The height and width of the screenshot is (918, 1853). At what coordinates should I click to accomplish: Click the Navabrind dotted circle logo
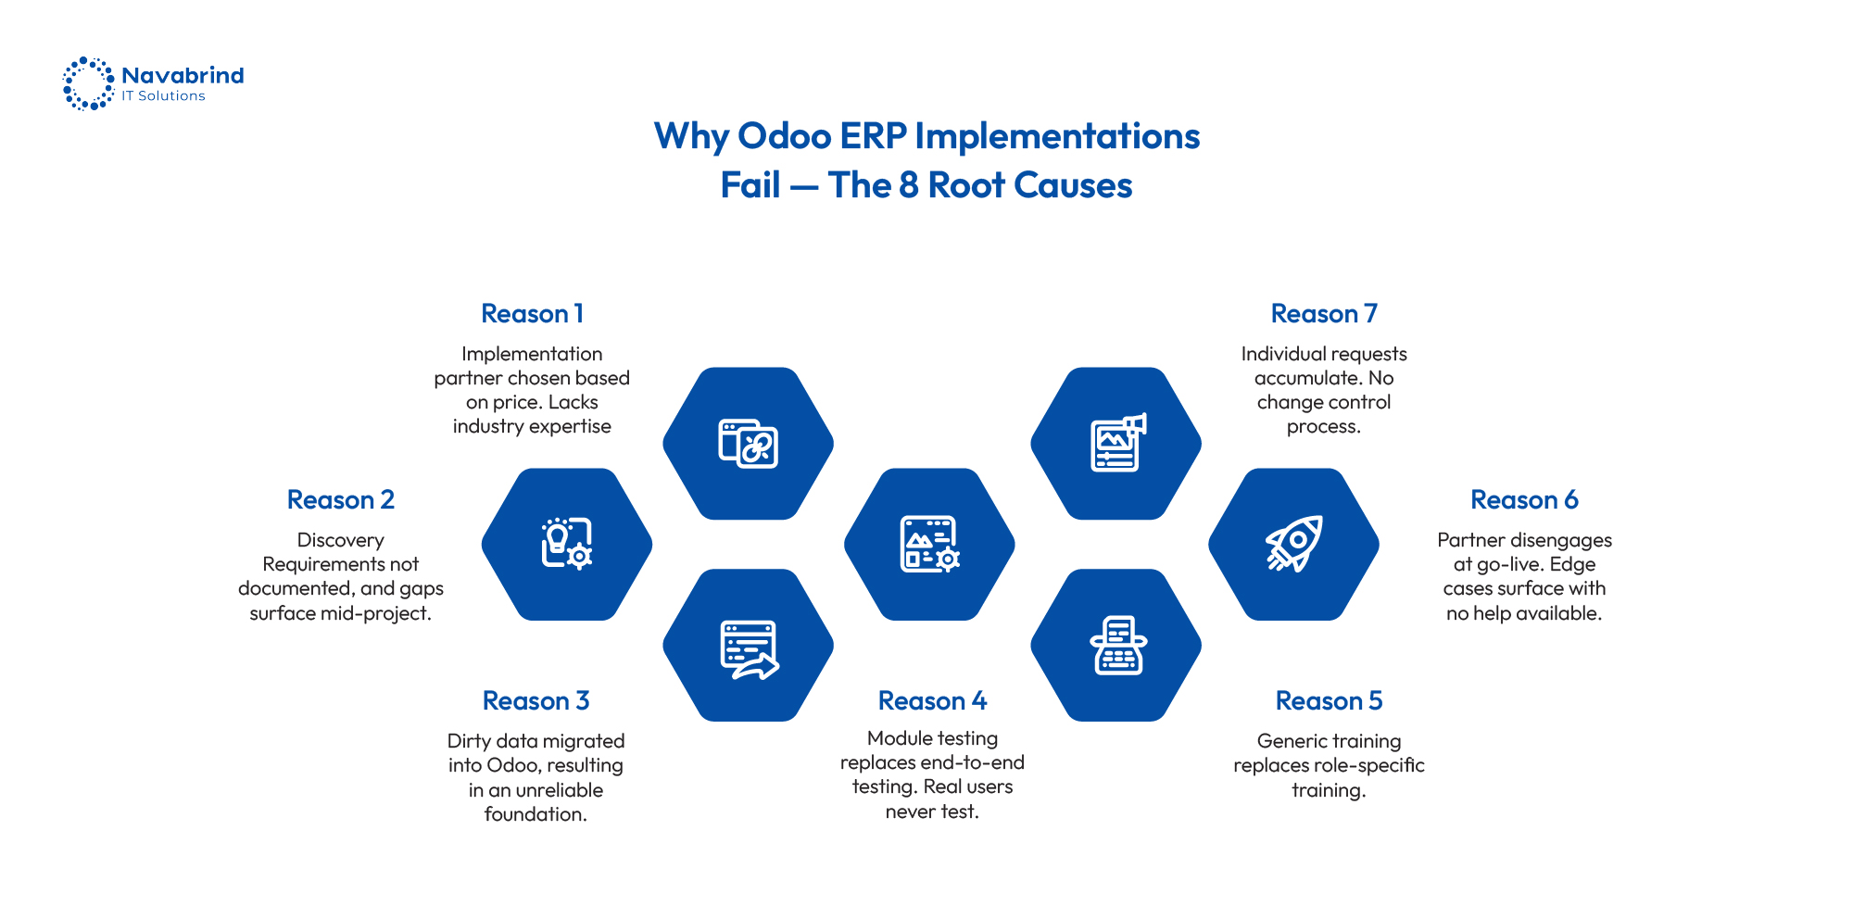point(88,83)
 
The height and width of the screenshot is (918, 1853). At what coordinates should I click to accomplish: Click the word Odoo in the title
point(784,136)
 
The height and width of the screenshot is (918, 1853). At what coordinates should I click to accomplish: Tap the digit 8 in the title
point(908,185)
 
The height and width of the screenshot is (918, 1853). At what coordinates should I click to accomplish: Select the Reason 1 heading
point(532,314)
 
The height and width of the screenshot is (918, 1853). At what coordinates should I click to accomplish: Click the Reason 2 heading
point(340,500)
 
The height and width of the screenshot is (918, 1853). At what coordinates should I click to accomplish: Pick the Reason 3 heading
point(536,701)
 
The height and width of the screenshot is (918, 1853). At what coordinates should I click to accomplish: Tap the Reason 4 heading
point(932,701)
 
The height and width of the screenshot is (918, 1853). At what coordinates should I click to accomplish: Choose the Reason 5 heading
point(1329,701)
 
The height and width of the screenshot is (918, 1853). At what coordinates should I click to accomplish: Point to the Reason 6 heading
point(1524,500)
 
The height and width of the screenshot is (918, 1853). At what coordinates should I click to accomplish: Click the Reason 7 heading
point(1324,314)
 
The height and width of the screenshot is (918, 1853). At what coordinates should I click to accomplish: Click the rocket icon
point(1293,544)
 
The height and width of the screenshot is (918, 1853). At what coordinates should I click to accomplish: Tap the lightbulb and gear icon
point(566,544)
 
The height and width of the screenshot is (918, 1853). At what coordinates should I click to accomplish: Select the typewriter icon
point(1117,646)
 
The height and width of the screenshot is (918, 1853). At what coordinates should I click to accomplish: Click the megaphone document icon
point(1117,443)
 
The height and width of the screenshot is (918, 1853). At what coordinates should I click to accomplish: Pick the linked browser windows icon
point(748,443)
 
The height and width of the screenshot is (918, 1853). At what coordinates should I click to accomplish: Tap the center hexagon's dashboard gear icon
point(929,544)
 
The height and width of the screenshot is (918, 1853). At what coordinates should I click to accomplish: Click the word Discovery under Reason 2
point(340,540)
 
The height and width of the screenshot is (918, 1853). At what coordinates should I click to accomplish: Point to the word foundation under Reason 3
point(535,814)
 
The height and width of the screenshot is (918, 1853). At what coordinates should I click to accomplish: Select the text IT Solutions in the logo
point(163,96)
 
